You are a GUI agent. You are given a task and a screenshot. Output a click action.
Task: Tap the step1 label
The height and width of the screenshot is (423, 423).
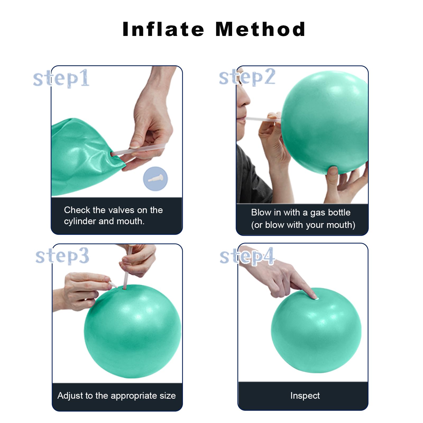pyautogui.click(x=61, y=79)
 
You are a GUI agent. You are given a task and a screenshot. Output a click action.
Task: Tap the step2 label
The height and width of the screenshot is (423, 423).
pyautogui.click(x=247, y=77)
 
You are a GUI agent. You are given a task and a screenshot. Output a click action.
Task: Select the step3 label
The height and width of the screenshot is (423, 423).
pyautogui.click(x=62, y=256)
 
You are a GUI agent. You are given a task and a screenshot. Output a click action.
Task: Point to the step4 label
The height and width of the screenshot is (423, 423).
pyautogui.click(x=247, y=256)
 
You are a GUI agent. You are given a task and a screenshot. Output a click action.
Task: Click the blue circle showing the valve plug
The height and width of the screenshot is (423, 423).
pyautogui.click(x=155, y=178)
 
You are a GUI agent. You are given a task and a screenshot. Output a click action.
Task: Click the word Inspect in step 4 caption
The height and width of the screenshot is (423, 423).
pyautogui.click(x=305, y=396)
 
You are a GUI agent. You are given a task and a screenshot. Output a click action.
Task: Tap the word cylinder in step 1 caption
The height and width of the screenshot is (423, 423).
pyautogui.click(x=80, y=221)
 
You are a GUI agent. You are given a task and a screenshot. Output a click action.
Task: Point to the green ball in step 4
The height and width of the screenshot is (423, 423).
pyautogui.click(x=316, y=330)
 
